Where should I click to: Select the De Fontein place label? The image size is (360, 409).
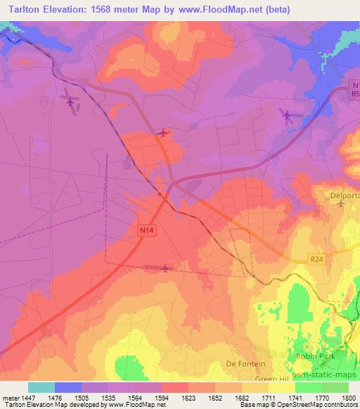[x=245, y=363]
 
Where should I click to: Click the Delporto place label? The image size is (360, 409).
[x=345, y=195]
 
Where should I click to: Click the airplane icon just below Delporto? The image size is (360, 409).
[x=342, y=204]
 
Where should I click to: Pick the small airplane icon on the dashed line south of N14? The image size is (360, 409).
[x=165, y=267]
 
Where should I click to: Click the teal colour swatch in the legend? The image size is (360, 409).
[x=41, y=387]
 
